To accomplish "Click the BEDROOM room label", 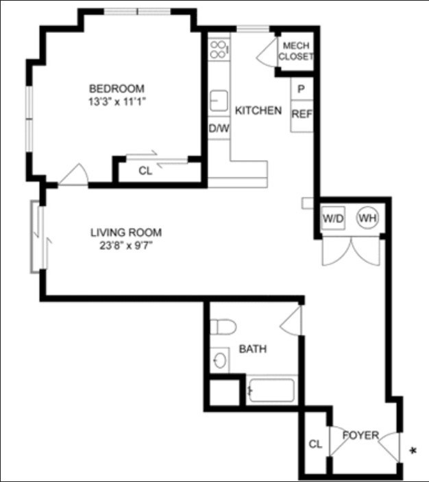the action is [x=117, y=89].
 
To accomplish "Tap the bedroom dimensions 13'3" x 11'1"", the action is [x=117, y=102].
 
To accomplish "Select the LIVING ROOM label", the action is [x=126, y=232].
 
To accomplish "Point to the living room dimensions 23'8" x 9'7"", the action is [x=126, y=246].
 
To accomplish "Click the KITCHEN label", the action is [x=258, y=111].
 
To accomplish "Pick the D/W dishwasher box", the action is [x=219, y=128].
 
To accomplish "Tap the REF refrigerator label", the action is [x=302, y=114].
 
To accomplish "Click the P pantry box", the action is [x=302, y=89].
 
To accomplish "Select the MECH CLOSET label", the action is [x=296, y=51].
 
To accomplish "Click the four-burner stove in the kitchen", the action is [x=219, y=49].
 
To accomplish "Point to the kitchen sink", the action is [x=219, y=101].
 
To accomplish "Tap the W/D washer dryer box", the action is [x=333, y=218].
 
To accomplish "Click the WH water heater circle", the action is [x=367, y=218].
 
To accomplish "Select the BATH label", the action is [x=253, y=349].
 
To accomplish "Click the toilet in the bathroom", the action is [x=223, y=327].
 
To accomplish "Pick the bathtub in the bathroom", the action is [x=271, y=390].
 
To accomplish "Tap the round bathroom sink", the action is [x=220, y=360].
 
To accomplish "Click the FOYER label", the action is [x=361, y=435].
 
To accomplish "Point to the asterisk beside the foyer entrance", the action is [x=413, y=451].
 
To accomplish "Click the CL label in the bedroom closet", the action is [x=145, y=171].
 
